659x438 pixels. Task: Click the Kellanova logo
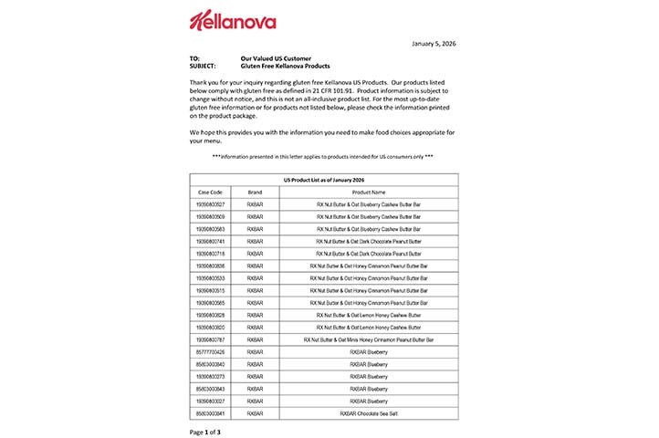click(233, 20)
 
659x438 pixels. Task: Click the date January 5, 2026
click(428, 42)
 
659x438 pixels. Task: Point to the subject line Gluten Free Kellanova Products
click(285, 66)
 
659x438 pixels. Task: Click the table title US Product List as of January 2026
click(323, 182)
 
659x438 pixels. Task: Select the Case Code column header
click(209, 193)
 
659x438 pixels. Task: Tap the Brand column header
click(255, 193)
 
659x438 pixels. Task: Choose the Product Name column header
click(369, 193)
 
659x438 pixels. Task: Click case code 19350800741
click(209, 241)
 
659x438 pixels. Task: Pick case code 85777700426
click(209, 351)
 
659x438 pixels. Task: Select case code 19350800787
click(209, 339)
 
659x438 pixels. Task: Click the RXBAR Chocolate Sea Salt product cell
click(369, 412)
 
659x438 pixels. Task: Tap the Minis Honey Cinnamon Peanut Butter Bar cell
click(369, 339)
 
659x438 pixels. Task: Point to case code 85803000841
click(209, 412)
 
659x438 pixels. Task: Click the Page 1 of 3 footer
click(204, 431)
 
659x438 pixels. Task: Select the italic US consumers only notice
click(323, 157)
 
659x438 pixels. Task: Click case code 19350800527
click(209, 204)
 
